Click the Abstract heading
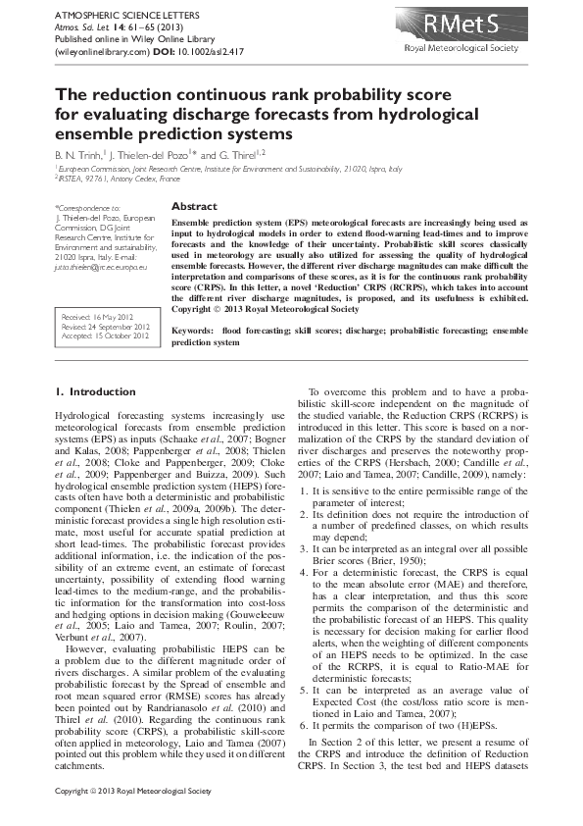click(194, 207)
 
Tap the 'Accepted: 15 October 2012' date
click(104, 337)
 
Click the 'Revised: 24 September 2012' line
click(105, 329)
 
